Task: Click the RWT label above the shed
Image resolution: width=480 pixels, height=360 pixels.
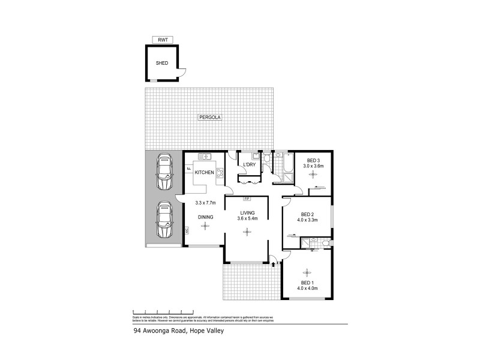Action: [162, 40]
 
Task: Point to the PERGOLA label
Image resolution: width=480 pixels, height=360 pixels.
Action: [210, 118]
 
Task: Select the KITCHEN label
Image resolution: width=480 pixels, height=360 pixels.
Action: [204, 173]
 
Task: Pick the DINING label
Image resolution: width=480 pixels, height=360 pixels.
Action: [206, 217]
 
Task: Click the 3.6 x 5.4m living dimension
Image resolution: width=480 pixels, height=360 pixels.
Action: [248, 219]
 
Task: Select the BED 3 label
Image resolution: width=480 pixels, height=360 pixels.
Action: [313, 160]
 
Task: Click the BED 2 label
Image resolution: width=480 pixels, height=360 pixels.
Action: [307, 214]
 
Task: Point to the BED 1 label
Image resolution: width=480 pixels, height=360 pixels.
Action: [307, 283]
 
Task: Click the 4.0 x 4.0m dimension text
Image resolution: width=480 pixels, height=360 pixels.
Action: [307, 289]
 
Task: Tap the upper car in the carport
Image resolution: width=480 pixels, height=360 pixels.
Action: [163, 171]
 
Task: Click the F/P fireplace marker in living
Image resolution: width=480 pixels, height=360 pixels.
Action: [246, 199]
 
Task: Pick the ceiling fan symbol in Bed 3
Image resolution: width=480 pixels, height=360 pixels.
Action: [312, 175]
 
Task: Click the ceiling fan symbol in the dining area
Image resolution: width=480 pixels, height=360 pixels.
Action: [206, 226]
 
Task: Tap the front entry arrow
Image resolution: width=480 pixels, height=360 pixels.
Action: [274, 262]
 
